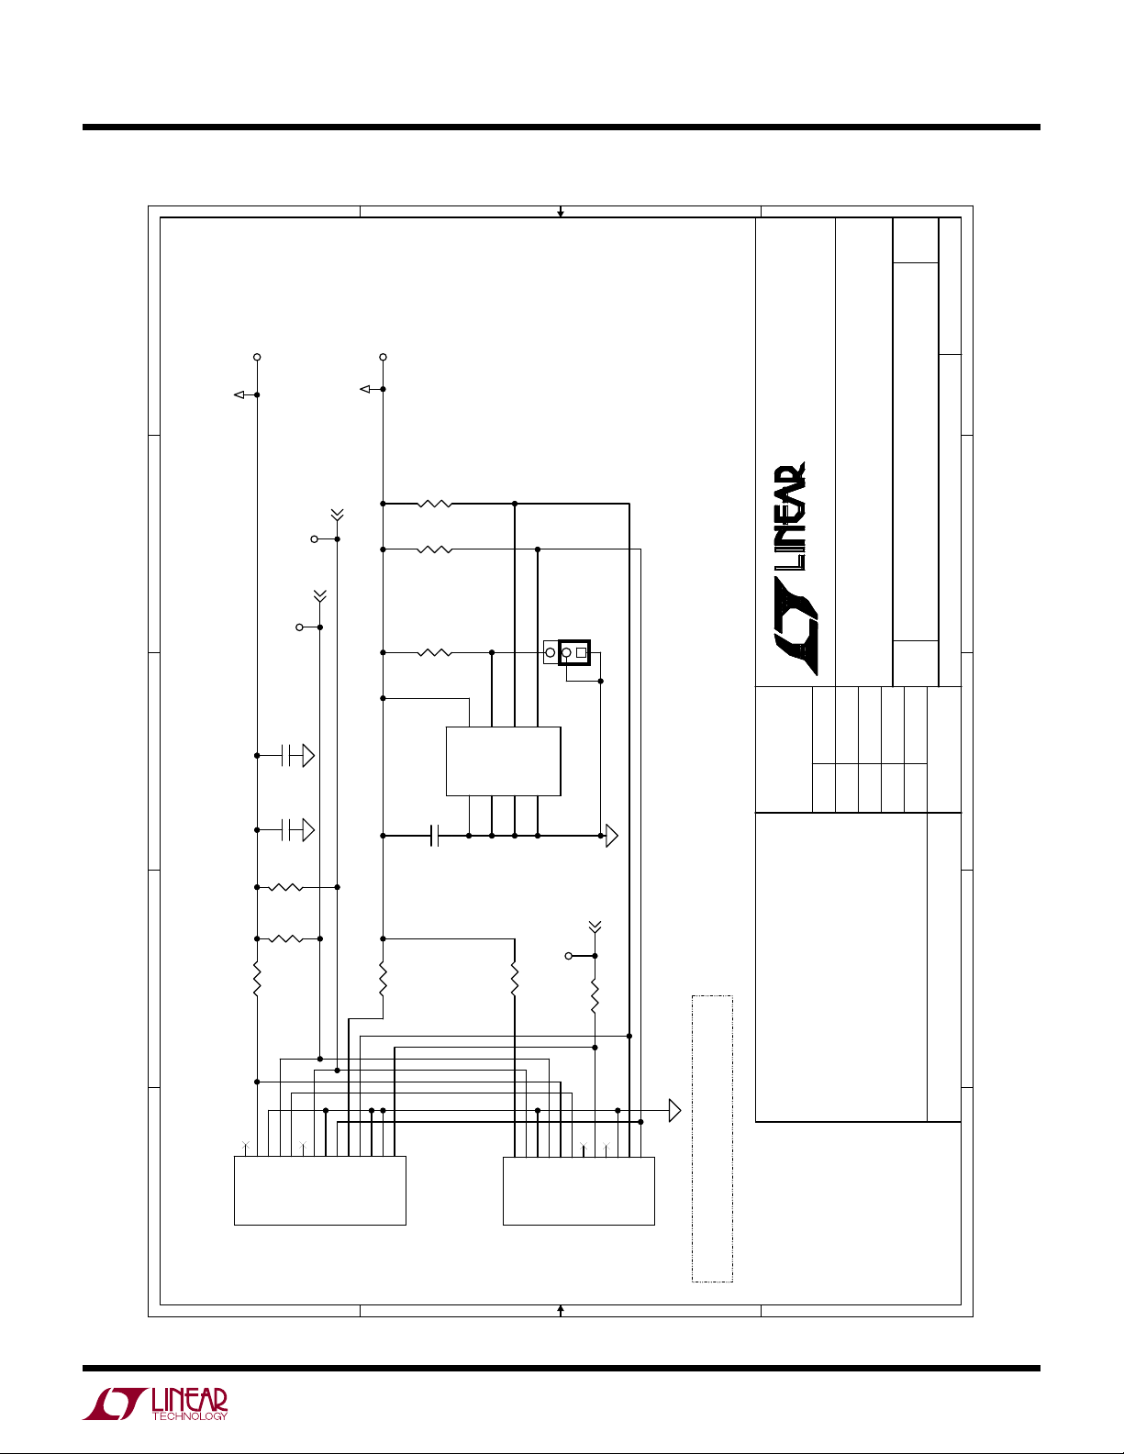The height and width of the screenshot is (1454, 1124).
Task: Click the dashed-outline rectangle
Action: [693, 1138]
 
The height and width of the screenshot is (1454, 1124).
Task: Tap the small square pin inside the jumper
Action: [581, 652]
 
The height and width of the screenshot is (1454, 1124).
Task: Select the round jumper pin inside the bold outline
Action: [567, 652]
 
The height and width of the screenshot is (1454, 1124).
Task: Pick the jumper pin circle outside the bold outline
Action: [550, 652]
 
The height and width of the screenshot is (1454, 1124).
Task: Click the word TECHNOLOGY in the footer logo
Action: [190, 1415]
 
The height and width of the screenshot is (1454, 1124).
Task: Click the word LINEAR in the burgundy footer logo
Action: [190, 1400]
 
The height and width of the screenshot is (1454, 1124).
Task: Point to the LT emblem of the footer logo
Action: [114, 1404]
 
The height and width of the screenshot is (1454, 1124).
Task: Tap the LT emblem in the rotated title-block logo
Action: [796, 626]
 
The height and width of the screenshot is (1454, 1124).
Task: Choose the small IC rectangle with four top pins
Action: [503, 761]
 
